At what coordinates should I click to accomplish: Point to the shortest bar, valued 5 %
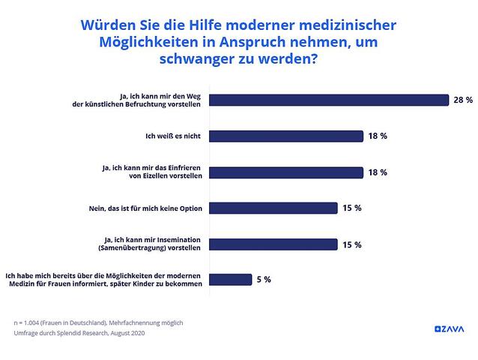[x=233, y=280]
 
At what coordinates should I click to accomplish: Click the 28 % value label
[x=462, y=100]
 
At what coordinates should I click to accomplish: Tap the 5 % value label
[x=263, y=280]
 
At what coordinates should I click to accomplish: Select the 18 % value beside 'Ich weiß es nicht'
[x=378, y=136]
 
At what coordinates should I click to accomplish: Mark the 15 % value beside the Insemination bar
[x=352, y=244]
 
